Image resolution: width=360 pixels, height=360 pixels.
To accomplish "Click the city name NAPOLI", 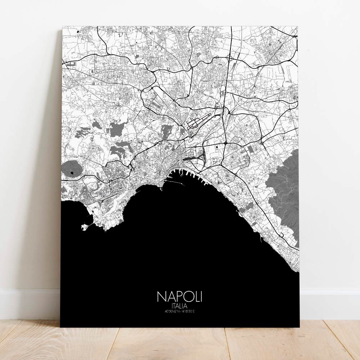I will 179,296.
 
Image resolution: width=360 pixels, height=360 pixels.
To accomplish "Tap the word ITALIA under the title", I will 179,306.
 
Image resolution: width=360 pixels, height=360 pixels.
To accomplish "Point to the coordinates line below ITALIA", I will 179,311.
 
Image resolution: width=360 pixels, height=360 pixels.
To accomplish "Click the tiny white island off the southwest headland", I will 85,227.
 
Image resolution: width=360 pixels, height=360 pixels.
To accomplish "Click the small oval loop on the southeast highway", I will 282,235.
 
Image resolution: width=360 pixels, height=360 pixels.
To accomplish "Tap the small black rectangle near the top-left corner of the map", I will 78,32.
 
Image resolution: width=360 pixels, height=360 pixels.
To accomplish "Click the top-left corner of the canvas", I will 63,27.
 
